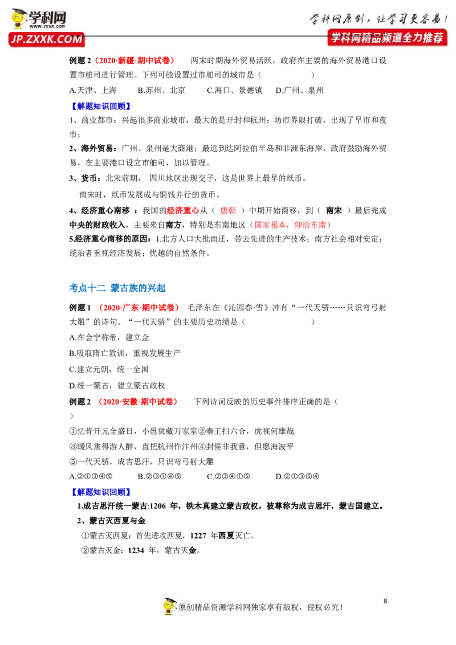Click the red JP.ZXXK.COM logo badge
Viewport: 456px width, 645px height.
click(x=46, y=39)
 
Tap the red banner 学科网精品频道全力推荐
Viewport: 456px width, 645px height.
click(x=387, y=38)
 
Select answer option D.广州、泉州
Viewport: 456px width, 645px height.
click(x=300, y=90)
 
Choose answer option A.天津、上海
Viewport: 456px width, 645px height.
click(x=93, y=90)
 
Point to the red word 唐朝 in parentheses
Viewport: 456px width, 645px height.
click(x=227, y=211)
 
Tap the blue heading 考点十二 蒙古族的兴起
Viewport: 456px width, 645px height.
click(x=117, y=288)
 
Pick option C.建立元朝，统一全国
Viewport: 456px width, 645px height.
click(x=109, y=369)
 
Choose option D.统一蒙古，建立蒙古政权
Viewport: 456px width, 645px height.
click(x=117, y=385)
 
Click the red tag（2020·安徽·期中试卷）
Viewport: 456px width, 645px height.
click(x=137, y=402)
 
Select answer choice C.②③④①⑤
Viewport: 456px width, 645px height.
click(x=228, y=476)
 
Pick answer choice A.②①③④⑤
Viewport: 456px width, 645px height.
click(x=91, y=476)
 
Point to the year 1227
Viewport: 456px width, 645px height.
click(x=198, y=536)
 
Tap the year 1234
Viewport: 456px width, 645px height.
click(x=136, y=550)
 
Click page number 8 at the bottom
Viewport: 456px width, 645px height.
click(x=385, y=601)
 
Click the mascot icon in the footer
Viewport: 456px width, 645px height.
click(x=169, y=606)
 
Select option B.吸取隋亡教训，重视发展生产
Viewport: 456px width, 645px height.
click(x=125, y=353)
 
